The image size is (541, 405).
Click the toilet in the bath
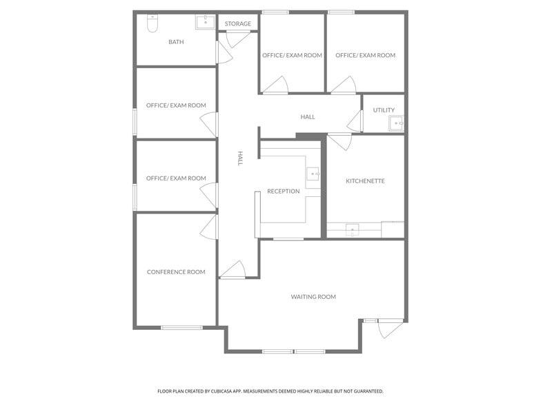click(152, 23)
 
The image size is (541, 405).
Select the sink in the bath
click(206, 22)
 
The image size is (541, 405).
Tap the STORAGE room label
click(237, 23)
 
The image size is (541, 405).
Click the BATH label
click(176, 42)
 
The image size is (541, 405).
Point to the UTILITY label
click(384, 110)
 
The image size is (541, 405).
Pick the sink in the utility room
click(396, 123)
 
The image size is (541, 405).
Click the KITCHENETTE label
click(365, 181)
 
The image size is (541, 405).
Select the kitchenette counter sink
click(352, 230)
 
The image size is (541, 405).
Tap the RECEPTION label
click(283, 191)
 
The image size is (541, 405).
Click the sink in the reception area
click(313, 174)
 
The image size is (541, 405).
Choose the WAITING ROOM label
click(313, 297)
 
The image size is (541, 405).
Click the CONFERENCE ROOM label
click(176, 272)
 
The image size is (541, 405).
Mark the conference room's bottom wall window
click(182, 328)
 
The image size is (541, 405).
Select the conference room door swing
click(209, 226)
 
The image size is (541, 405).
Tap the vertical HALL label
click(240, 158)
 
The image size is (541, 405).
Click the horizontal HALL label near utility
click(308, 117)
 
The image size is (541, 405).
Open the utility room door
click(355, 121)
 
